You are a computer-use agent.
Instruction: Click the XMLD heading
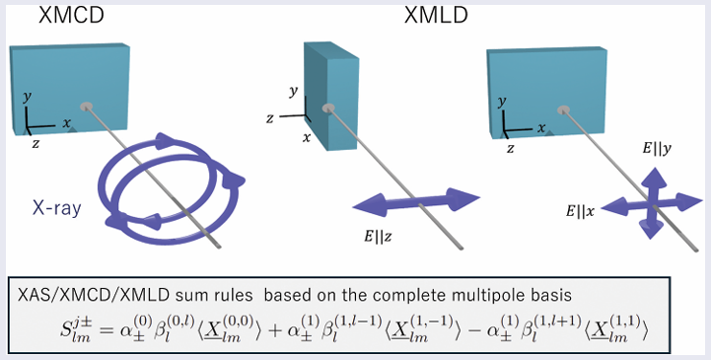pos(436,18)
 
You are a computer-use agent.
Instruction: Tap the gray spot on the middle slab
pos(330,108)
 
